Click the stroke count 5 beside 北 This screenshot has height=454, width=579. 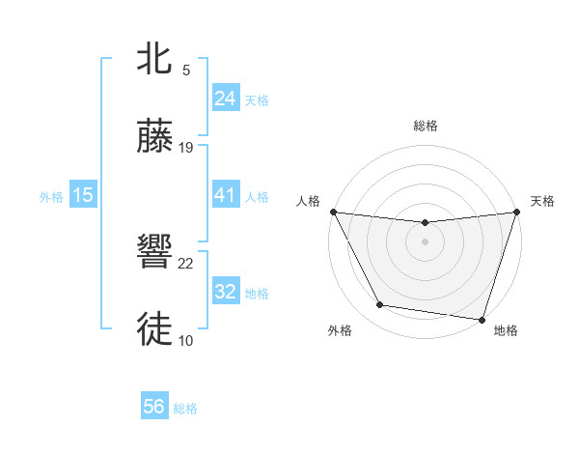pyautogui.click(x=186, y=71)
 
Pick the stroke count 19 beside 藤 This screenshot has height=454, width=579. pyautogui.click(x=186, y=148)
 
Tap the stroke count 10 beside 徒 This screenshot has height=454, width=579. pyautogui.click(x=186, y=340)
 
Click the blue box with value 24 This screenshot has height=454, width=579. pyautogui.click(x=225, y=99)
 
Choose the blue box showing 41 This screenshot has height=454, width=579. pyautogui.click(x=225, y=195)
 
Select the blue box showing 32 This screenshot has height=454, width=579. pyautogui.click(x=225, y=292)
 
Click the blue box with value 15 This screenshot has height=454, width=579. pyautogui.click(x=83, y=195)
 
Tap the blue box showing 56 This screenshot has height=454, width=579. pyautogui.click(x=153, y=408)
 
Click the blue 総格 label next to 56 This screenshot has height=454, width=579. pyautogui.click(x=185, y=409)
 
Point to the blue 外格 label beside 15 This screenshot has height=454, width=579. pyautogui.click(x=51, y=196)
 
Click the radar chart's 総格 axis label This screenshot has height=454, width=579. pyautogui.click(x=425, y=126)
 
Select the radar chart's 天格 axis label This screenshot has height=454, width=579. pyautogui.click(x=542, y=201)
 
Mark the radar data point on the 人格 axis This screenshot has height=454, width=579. pyautogui.click(x=333, y=212)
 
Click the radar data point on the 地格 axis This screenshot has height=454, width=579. pyautogui.click(x=482, y=319)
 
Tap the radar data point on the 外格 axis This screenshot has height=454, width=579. pyautogui.click(x=380, y=305)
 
